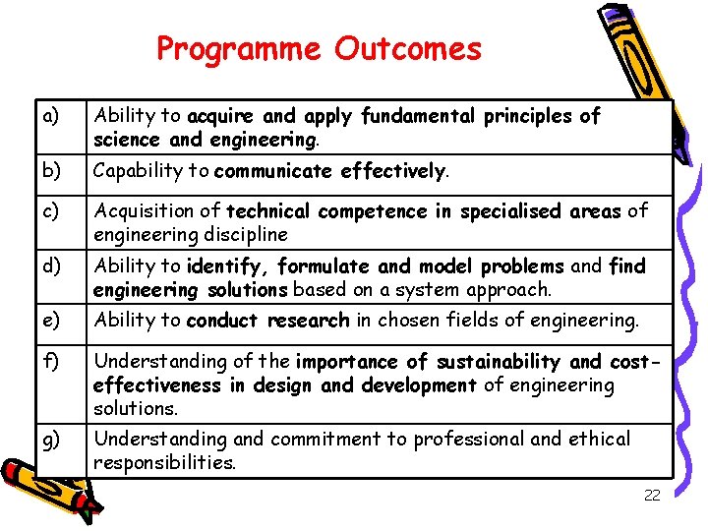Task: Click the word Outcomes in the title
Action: click(x=408, y=49)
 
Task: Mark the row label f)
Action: click(x=50, y=361)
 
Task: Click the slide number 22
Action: click(x=652, y=496)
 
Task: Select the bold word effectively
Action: click(x=393, y=172)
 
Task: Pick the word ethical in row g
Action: click(x=599, y=439)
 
